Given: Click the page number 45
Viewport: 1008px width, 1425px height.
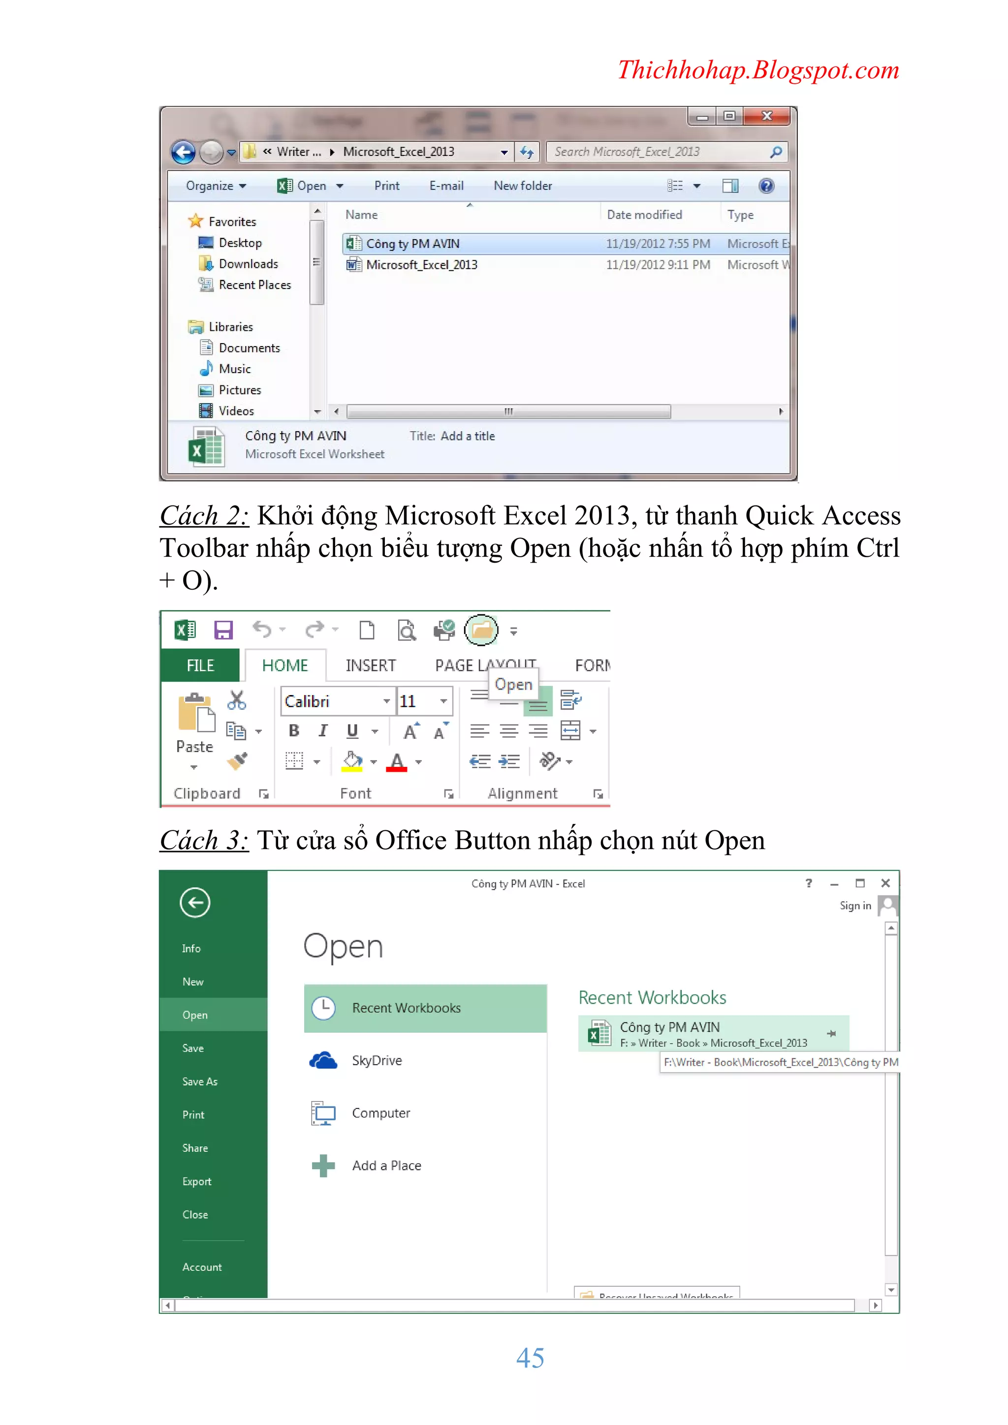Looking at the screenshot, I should (530, 1358).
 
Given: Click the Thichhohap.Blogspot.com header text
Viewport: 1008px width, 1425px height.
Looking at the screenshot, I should (758, 70).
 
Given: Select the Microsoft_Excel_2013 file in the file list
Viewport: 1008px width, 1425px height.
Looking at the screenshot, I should (421, 265).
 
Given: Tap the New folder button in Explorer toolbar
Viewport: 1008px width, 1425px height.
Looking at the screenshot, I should (523, 186).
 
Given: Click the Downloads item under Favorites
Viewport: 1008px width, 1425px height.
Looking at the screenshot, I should (248, 264).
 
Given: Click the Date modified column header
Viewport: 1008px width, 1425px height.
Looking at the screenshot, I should (644, 215).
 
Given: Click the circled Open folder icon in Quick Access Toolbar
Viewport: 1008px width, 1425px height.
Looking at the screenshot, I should (481, 631).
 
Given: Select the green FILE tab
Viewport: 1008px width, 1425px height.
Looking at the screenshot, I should (200, 665).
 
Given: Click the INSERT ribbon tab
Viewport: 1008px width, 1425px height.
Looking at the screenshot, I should (371, 665).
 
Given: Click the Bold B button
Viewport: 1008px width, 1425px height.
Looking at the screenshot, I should (294, 731).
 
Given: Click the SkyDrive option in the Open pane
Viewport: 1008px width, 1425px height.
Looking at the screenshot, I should (376, 1061).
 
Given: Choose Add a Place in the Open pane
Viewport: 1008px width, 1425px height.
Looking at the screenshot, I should (386, 1166).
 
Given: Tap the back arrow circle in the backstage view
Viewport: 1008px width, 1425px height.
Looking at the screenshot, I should (195, 902).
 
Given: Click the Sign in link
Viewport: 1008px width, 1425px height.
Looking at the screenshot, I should (855, 906).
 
